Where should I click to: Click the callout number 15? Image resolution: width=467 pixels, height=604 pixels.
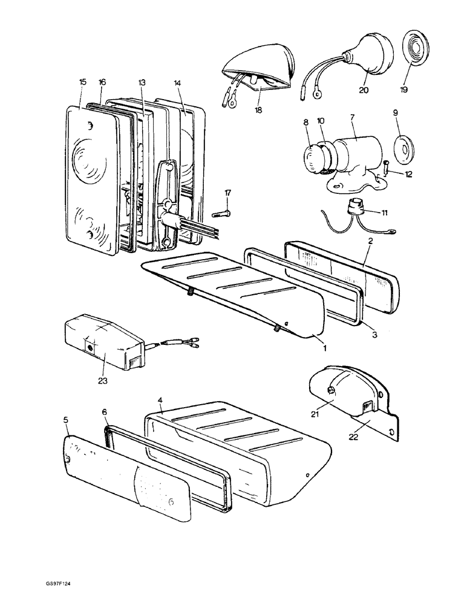tap(83, 82)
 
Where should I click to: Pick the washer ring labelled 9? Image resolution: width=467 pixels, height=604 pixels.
tap(400, 146)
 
